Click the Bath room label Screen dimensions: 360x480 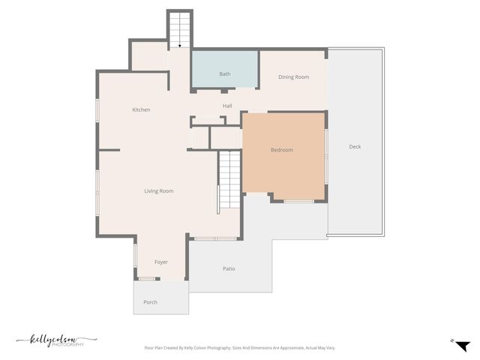pos(225,74)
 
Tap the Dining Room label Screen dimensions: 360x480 pos(293,77)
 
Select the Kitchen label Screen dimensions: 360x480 pos(141,110)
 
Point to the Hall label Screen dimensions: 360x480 pos(227,106)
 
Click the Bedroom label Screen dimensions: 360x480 pos(282,150)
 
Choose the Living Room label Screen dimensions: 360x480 pos(159,191)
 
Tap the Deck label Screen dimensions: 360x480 pos(355,147)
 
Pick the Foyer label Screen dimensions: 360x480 pos(161,262)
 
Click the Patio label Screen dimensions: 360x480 pos(229,268)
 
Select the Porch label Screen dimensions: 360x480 pos(150,303)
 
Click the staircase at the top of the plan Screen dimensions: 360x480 pos(179,30)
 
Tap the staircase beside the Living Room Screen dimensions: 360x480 pos(229,180)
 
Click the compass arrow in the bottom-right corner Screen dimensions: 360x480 pos(462,345)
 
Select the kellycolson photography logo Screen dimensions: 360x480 pos(56,341)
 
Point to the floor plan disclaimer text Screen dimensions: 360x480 pos(239,348)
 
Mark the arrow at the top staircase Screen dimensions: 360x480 pos(179,46)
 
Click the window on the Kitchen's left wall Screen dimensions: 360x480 pos(97,111)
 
